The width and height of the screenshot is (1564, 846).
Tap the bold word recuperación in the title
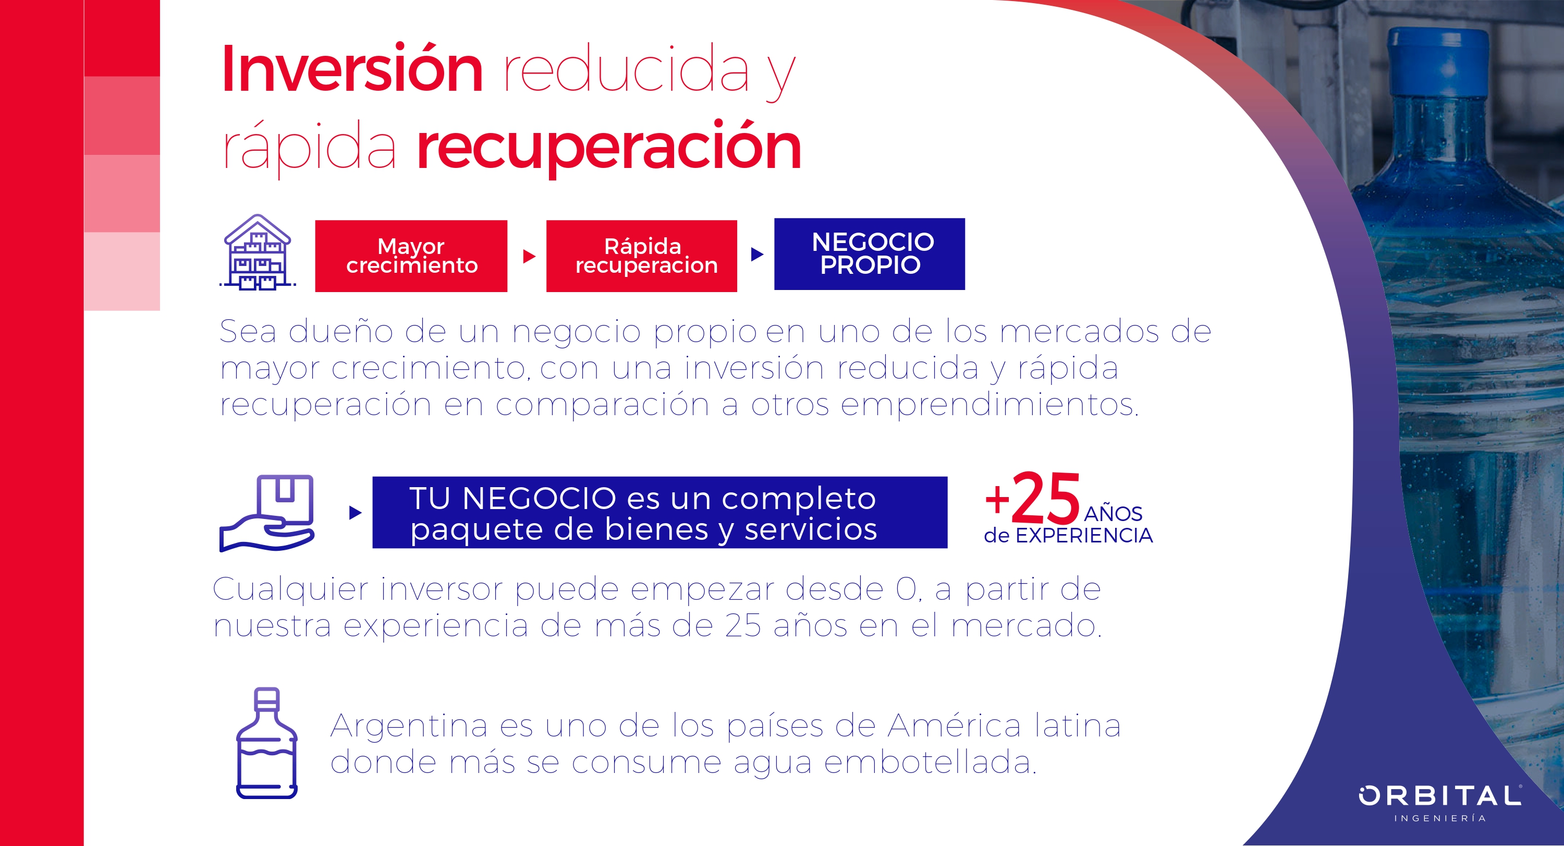609,148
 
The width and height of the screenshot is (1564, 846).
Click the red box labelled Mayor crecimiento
411,256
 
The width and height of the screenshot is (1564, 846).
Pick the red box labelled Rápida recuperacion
642,256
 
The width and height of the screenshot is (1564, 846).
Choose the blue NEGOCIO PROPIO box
870,254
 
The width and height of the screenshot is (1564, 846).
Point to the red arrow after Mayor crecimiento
530,256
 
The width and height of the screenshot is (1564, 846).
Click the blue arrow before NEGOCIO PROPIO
757,254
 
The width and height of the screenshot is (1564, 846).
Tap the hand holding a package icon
267,513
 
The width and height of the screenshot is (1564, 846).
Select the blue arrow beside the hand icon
356,513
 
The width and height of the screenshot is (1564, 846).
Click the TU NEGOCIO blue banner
660,513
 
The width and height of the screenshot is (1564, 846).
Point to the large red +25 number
1033,498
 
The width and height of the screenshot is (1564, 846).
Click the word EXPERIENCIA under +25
1084,536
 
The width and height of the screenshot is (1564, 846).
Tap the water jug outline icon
266,742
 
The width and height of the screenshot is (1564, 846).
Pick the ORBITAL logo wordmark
1440,795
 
